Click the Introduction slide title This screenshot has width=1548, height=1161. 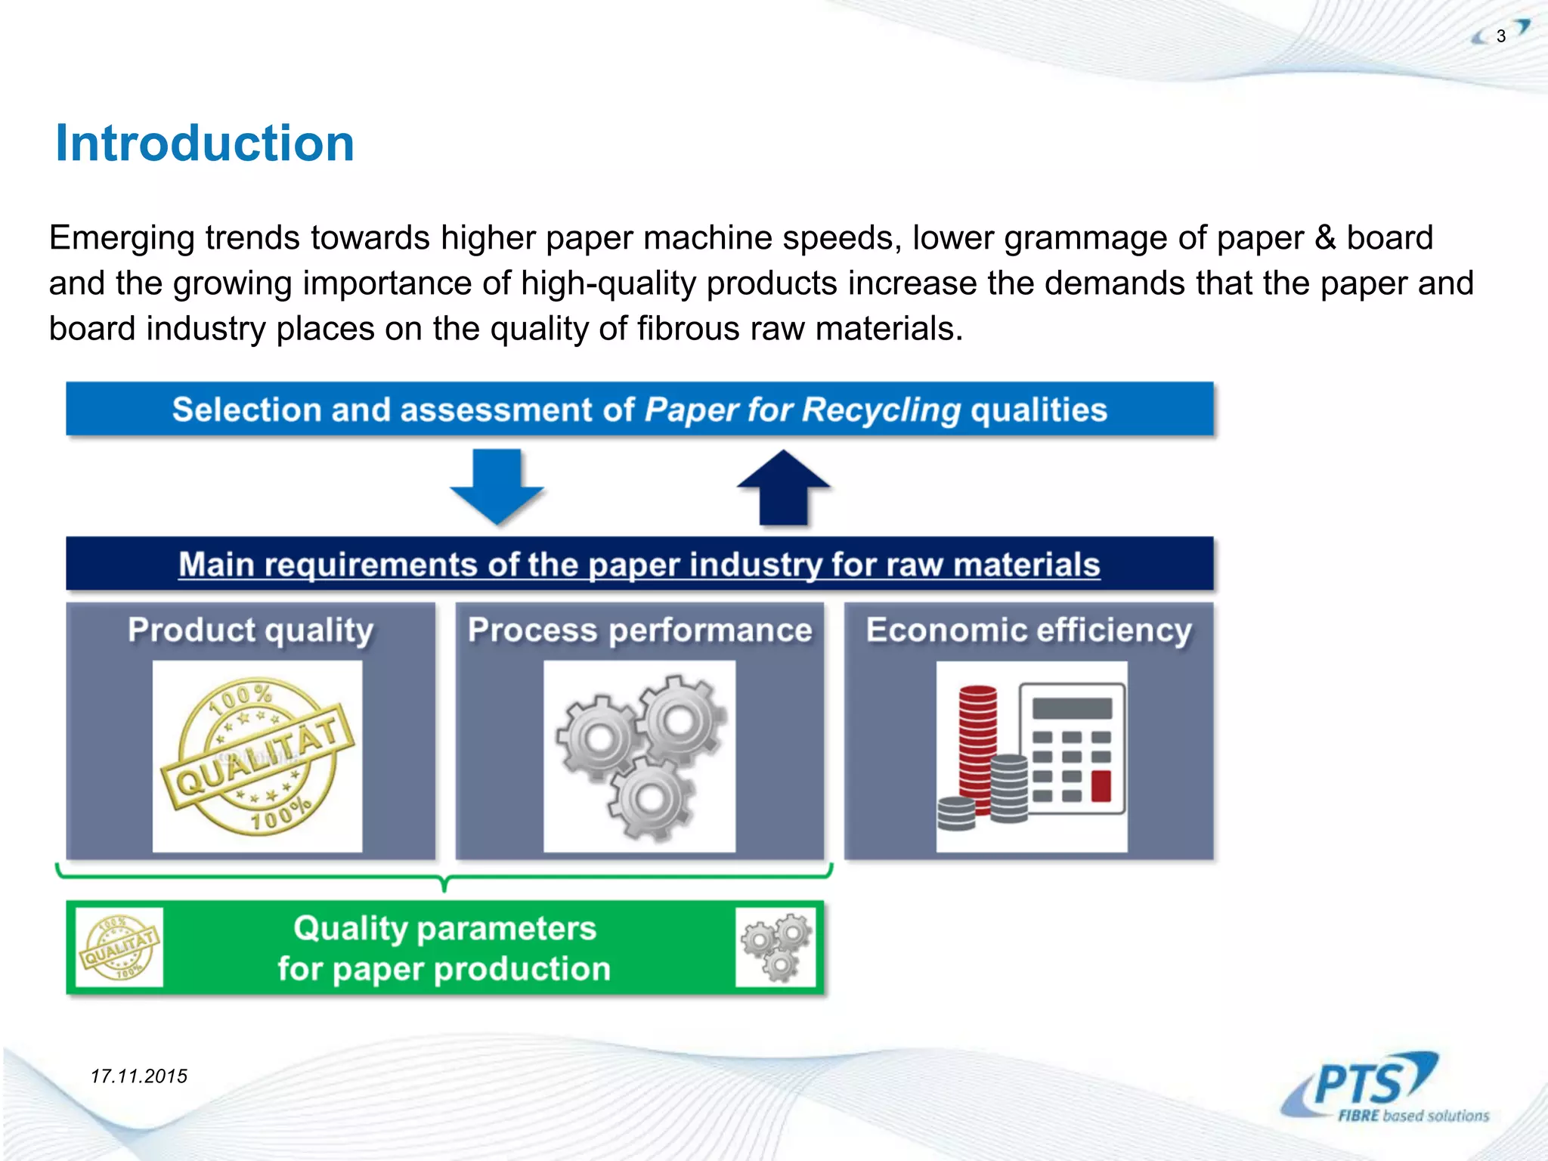coord(205,144)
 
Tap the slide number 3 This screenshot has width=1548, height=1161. coord(1501,36)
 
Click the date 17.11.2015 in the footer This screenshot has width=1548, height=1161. coord(139,1076)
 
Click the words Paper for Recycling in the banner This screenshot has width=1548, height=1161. coord(802,410)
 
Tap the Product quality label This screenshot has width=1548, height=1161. coord(250,630)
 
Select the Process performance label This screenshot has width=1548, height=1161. coord(639,630)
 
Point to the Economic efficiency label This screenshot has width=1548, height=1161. coord(1029,630)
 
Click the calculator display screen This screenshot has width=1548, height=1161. coord(1072,708)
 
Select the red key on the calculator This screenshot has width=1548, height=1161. coord(1101,785)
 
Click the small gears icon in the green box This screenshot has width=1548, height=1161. coord(776,947)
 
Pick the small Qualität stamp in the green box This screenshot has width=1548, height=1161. coord(120,947)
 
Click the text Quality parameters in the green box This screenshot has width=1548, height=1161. coord(444,928)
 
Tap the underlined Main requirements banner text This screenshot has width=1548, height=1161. coord(639,565)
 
